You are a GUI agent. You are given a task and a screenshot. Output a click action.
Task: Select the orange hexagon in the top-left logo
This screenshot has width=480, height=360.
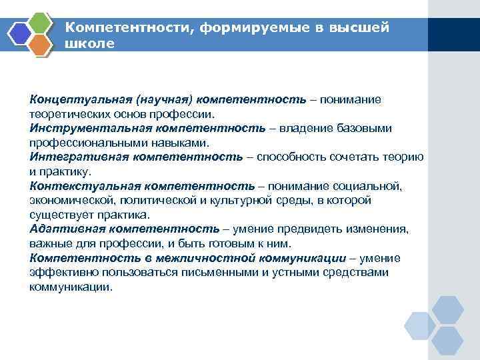(x=41, y=43)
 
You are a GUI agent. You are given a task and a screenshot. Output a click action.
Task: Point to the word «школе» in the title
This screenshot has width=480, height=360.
(x=90, y=43)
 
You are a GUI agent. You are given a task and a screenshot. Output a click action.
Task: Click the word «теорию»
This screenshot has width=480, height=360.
(x=403, y=157)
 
